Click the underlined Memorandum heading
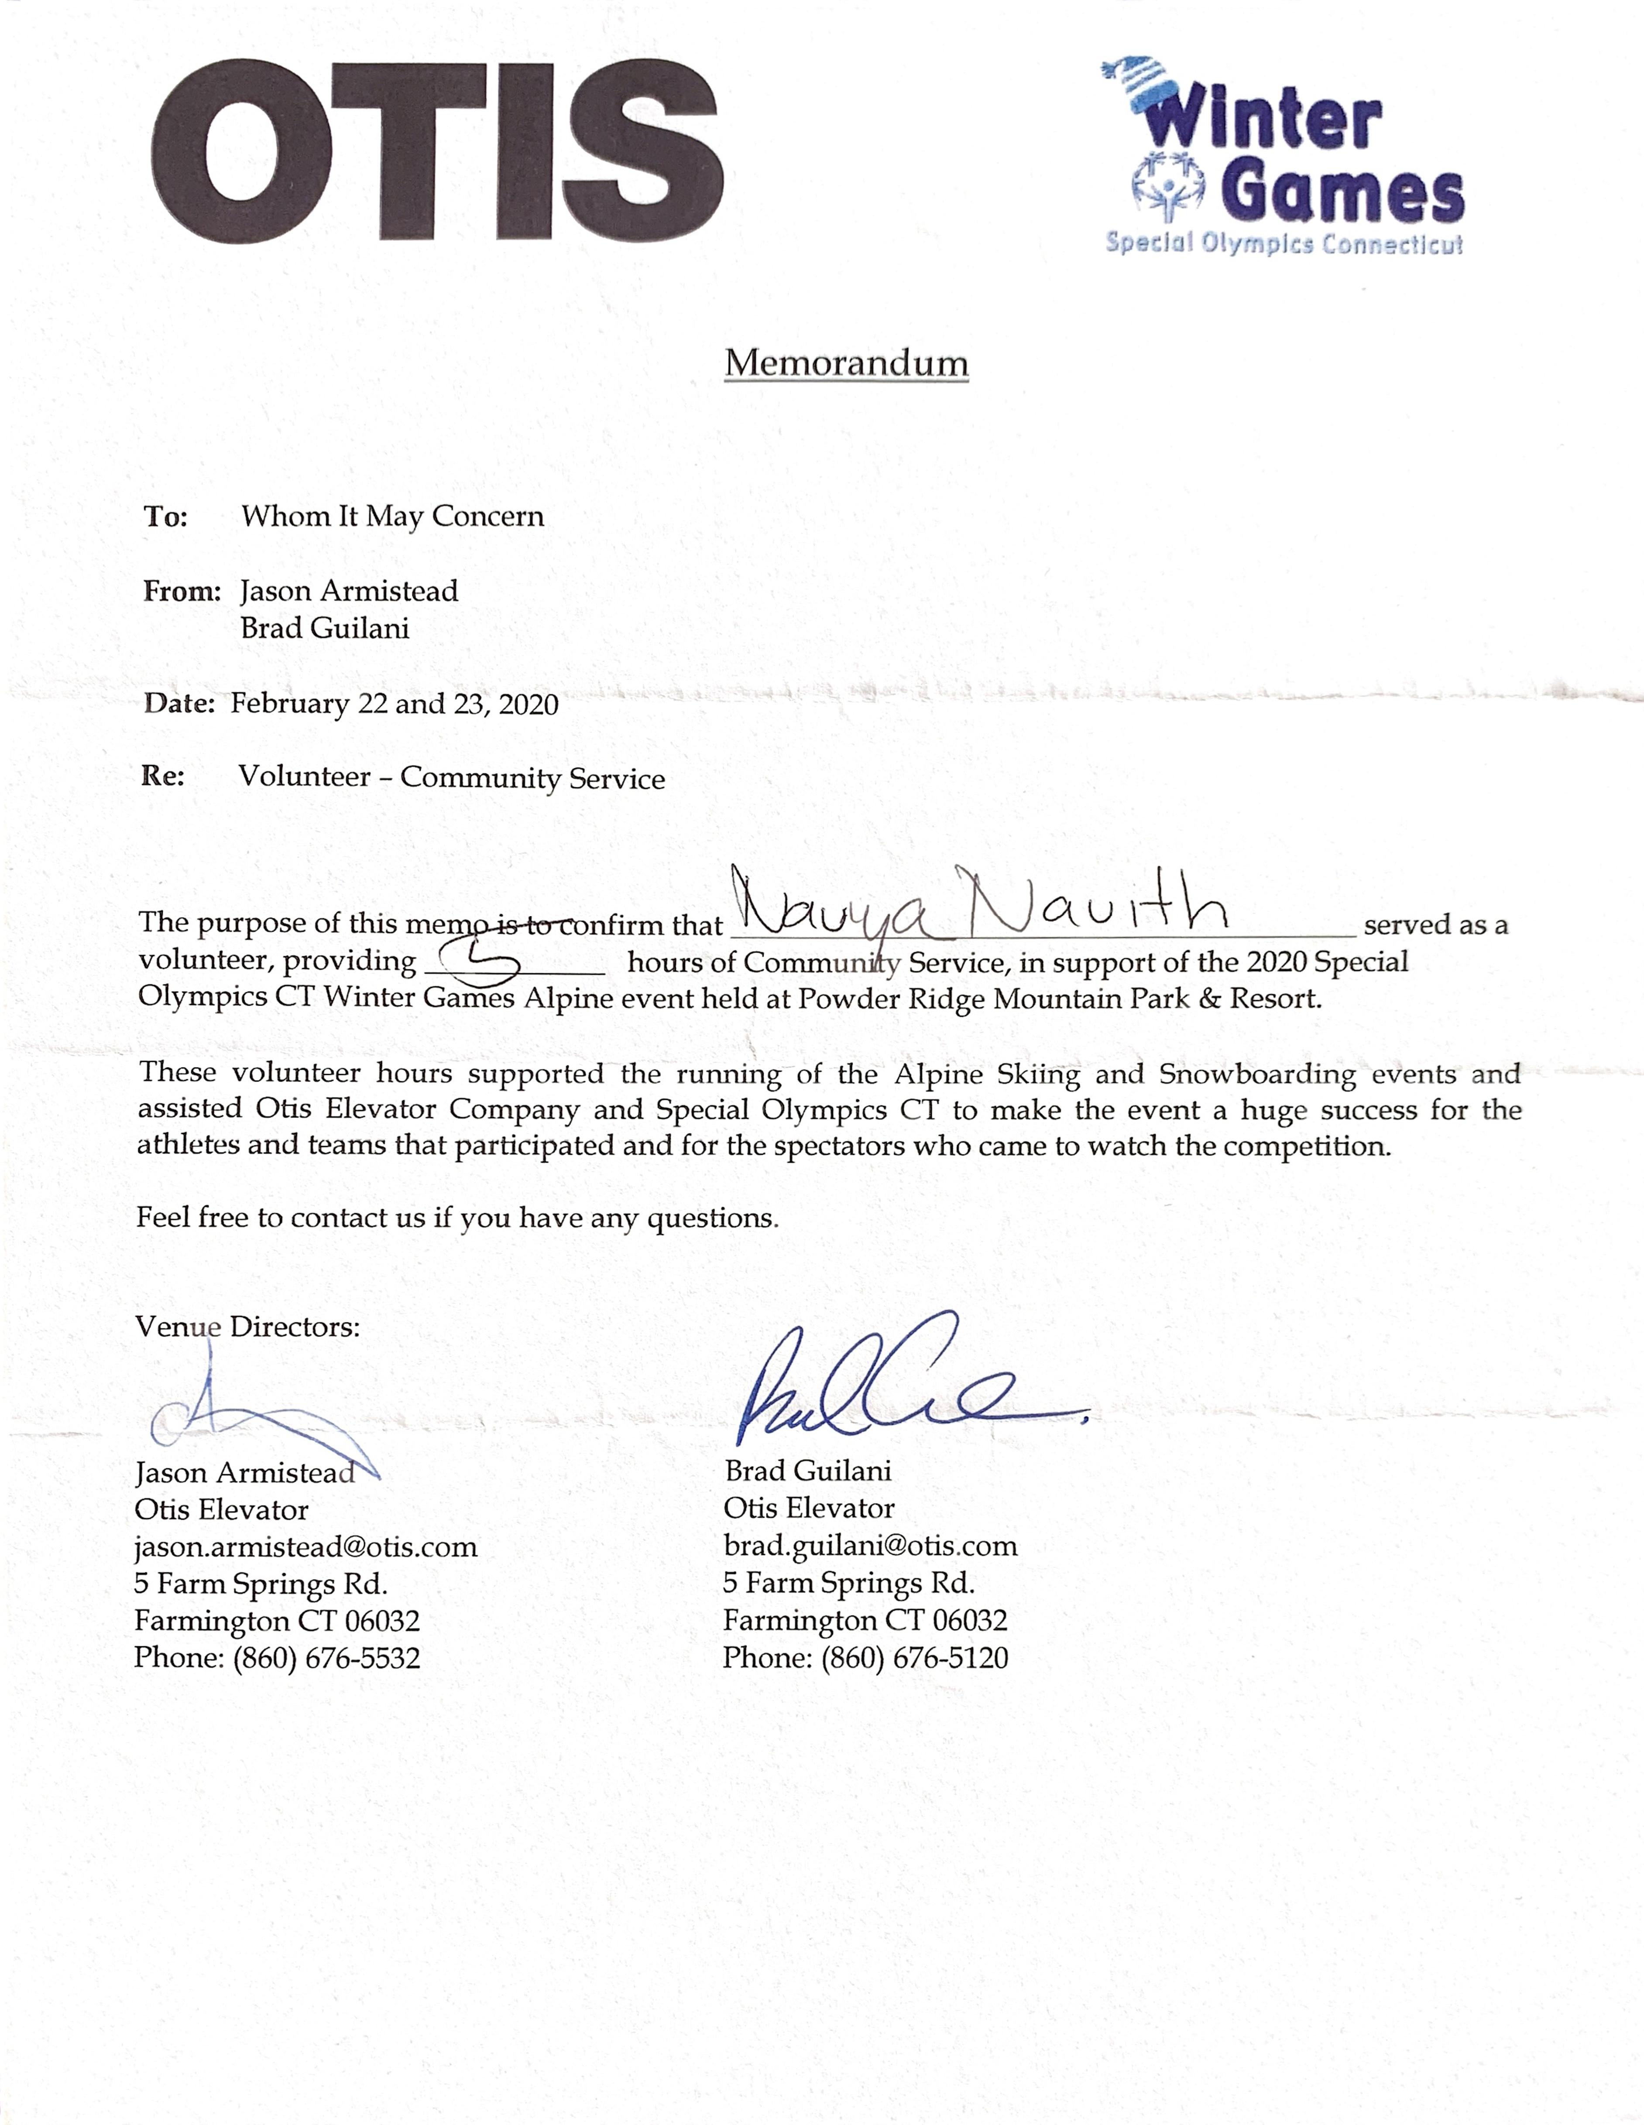pyautogui.click(x=846, y=363)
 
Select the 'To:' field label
pyautogui.click(x=165, y=517)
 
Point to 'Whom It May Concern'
pyautogui.click(x=392, y=517)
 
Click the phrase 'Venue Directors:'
pyautogui.click(x=247, y=1327)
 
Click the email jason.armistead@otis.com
pyautogui.click(x=305, y=1547)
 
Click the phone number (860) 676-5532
pyautogui.click(x=326, y=1658)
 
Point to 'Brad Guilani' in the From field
pyautogui.click(x=325, y=629)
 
